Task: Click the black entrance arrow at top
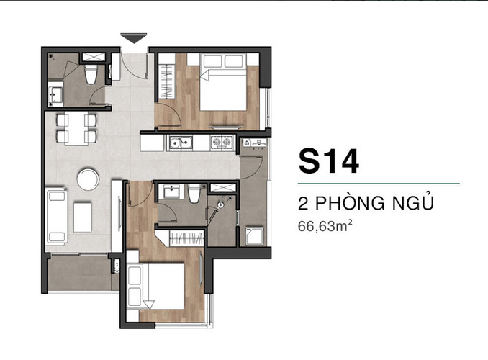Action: (x=134, y=38)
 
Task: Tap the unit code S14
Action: (x=329, y=161)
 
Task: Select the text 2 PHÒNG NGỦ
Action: (x=366, y=203)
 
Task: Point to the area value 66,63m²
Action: (x=325, y=226)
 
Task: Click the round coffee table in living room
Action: (x=88, y=179)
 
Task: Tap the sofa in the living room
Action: (x=57, y=216)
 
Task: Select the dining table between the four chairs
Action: (x=76, y=128)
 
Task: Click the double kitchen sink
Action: (x=181, y=143)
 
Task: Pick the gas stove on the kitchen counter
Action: (x=222, y=143)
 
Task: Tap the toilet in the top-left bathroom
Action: (x=91, y=74)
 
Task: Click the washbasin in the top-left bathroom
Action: (x=56, y=94)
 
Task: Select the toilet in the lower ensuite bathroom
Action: (x=194, y=194)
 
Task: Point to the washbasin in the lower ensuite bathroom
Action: (x=171, y=192)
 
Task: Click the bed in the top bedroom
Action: (x=223, y=82)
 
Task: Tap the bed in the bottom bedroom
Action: (x=155, y=286)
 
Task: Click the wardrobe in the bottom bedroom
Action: (x=186, y=238)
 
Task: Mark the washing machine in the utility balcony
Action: (x=255, y=235)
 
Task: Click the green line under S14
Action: (x=379, y=184)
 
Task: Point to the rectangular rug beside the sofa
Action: (x=83, y=217)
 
